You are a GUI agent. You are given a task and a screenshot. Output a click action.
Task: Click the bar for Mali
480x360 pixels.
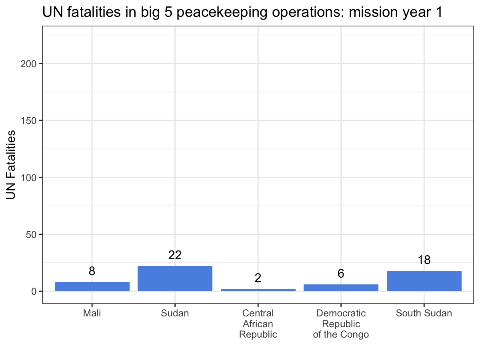(x=92, y=286)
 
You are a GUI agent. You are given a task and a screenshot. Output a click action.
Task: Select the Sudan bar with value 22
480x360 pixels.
(x=175, y=278)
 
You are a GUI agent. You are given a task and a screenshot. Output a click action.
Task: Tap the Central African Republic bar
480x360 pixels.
(x=258, y=290)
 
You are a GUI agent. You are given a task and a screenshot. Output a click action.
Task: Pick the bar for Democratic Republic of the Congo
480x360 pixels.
(x=341, y=288)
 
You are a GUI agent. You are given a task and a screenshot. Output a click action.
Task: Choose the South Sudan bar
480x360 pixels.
(x=424, y=281)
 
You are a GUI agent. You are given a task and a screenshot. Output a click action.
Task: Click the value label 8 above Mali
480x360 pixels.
(x=92, y=271)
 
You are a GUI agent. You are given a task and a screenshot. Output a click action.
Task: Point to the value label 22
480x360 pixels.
(x=175, y=255)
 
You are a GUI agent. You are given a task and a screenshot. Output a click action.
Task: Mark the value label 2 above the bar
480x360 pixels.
(x=258, y=278)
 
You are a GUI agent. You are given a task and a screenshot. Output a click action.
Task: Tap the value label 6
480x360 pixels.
(x=341, y=274)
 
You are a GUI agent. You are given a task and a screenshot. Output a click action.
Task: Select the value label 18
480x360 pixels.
(x=424, y=260)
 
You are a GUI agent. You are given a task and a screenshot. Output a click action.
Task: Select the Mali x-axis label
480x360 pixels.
(x=92, y=313)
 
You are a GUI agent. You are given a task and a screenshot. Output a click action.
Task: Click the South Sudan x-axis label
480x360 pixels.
(x=424, y=313)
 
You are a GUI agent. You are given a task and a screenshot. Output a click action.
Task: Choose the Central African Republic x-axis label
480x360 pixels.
(x=258, y=324)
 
